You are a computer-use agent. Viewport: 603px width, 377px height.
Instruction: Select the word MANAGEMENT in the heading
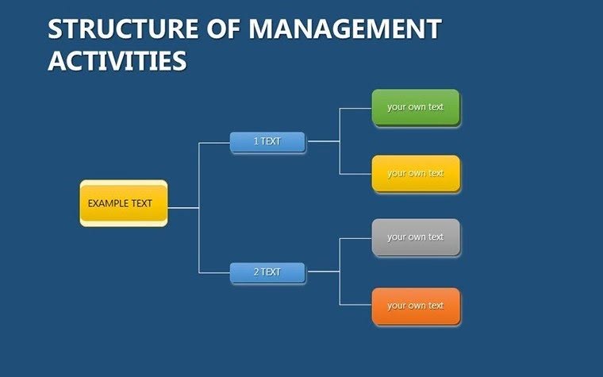click(x=344, y=29)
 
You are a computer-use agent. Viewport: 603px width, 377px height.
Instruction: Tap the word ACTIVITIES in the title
click(x=117, y=60)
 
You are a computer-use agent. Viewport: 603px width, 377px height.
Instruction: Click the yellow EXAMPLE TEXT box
click(x=124, y=203)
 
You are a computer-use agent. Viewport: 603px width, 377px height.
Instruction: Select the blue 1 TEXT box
click(x=267, y=141)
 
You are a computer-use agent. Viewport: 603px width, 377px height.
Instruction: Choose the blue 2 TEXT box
click(x=267, y=272)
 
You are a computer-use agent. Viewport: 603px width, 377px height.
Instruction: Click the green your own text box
click(x=416, y=107)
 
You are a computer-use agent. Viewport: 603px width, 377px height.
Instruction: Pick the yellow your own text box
click(x=416, y=173)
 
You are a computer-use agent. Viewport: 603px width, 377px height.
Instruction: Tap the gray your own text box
click(x=416, y=237)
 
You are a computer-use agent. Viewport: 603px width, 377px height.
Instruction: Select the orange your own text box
click(x=416, y=306)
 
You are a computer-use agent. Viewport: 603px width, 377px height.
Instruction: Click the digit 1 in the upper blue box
click(x=255, y=141)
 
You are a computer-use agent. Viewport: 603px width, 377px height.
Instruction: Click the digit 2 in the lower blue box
click(x=256, y=272)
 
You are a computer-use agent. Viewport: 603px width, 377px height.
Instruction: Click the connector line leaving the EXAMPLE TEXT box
click(x=182, y=208)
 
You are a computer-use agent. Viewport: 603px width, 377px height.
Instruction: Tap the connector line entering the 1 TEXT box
click(x=214, y=143)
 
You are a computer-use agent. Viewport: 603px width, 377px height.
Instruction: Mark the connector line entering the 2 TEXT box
click(x=214, y=272)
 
